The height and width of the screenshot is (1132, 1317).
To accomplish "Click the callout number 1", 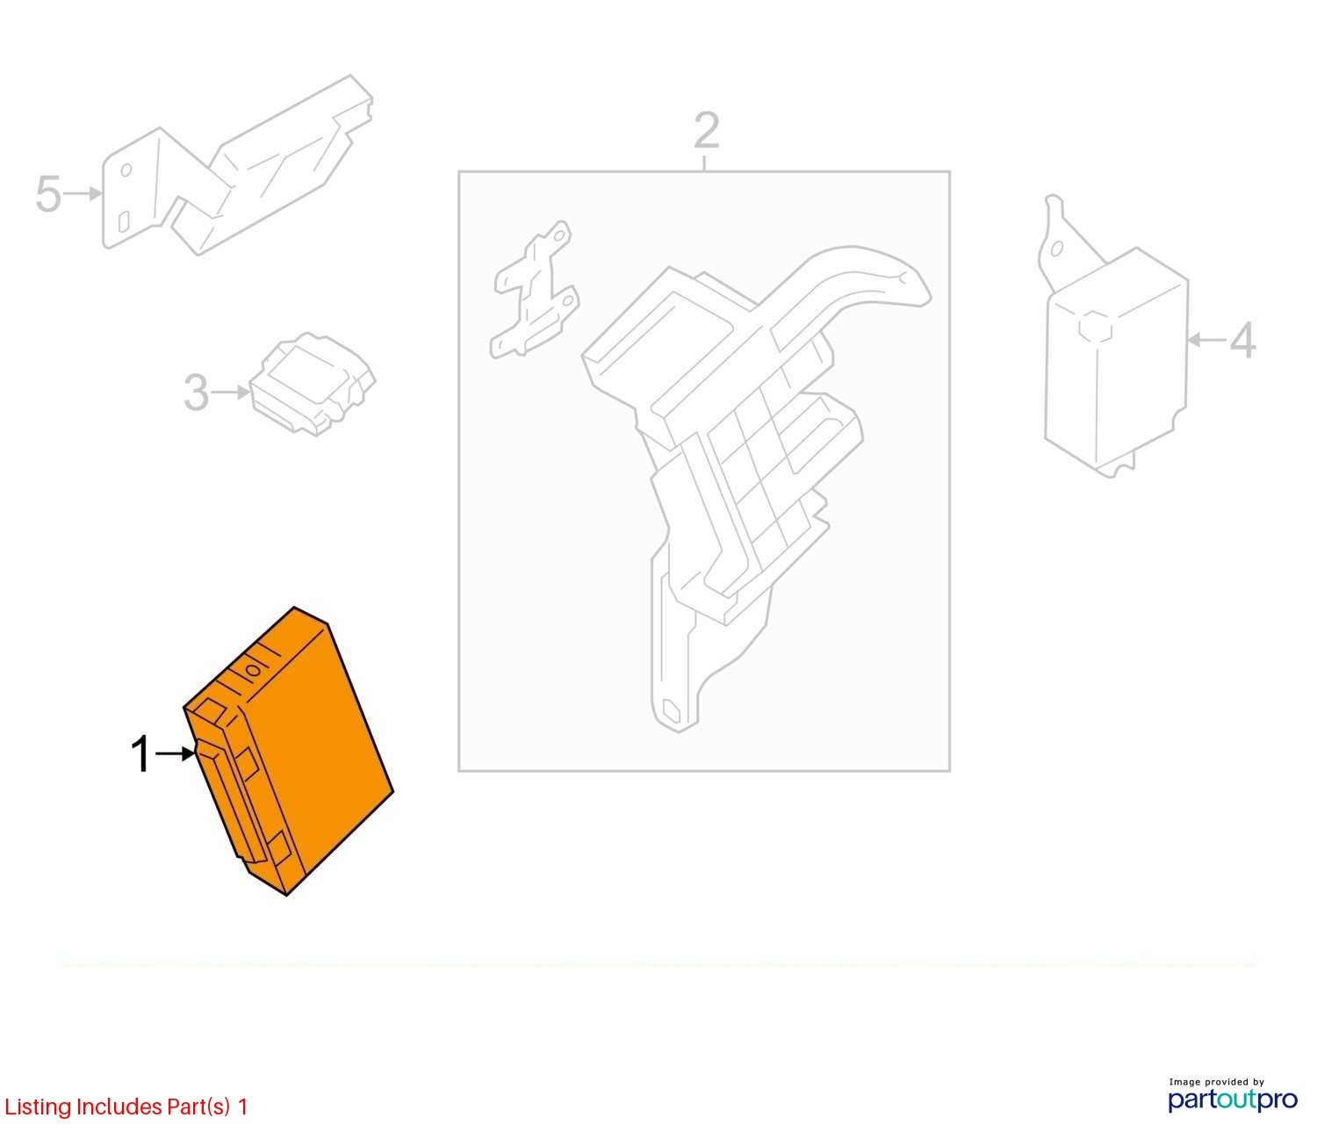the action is (140, 754).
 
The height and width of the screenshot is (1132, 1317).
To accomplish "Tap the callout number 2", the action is (707, 131).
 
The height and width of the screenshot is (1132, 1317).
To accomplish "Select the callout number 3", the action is (197, 392).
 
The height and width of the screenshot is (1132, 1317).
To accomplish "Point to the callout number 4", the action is (1242, 341).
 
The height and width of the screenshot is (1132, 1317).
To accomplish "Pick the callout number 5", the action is (48, 193).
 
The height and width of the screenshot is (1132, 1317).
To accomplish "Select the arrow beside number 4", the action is (1206, 341).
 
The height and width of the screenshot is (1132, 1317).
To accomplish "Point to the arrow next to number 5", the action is (83, 193).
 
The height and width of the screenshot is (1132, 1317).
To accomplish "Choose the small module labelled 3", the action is (313, 384).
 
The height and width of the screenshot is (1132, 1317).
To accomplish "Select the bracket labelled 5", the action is (236, 164).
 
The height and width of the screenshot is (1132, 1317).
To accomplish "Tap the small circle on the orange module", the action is (253, 670).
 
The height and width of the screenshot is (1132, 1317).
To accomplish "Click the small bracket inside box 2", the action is (534, 288).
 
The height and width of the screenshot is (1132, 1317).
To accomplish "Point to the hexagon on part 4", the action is (1095, 327).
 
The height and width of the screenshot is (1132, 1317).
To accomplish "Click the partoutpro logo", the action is (1233, 1099).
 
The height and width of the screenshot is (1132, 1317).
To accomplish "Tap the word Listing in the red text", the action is (39, 1107).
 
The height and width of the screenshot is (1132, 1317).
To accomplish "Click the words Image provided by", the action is (1216, 1082).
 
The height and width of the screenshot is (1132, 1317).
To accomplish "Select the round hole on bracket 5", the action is (126, 169).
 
